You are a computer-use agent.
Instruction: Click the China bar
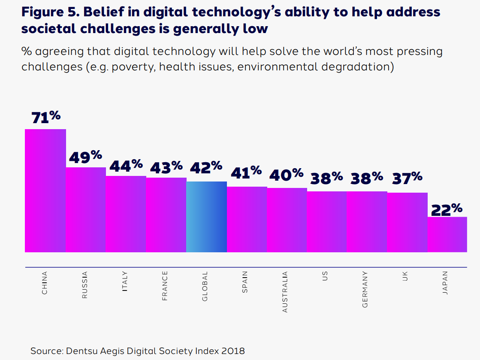click(45, 191)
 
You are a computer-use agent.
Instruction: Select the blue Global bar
click(206, 217)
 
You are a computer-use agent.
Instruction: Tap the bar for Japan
click(447, 234)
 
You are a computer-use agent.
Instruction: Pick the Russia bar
click(85, 209)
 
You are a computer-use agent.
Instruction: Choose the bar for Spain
click(247, 219)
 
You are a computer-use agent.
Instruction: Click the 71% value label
click(45, 117)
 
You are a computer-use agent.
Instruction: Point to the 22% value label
click(447, 209)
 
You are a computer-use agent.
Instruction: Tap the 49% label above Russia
click(85, 157)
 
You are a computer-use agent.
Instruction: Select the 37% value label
click(407, 178)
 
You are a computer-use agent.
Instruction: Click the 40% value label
click(287, 175)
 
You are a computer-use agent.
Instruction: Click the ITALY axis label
click(125, 281)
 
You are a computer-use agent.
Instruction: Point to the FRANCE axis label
click(165, 286)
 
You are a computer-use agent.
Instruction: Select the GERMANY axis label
click(365, 289)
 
